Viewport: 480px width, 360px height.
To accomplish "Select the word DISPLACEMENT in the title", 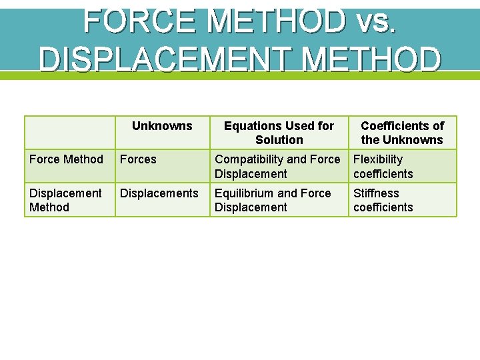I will click(x=166, y=59).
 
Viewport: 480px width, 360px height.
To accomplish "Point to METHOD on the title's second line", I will click(x=371, y=59).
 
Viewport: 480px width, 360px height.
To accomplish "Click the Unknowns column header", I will click(x=162, y=126).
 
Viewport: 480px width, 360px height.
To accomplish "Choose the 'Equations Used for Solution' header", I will click(x=279, y=133).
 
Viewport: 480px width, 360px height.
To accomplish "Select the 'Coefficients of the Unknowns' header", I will click(x=402, y=133).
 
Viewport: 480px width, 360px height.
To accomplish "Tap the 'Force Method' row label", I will click(x=66, y=159).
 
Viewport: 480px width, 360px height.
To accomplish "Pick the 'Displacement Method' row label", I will click(x=65, y=200).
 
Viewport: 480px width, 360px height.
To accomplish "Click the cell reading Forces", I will click(x=138, y=159).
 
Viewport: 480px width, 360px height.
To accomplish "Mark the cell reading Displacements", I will click(x=159, y=193).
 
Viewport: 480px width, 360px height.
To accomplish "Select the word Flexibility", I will click(x=378, y=159).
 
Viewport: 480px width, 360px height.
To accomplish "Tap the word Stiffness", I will click(x=376, y=193).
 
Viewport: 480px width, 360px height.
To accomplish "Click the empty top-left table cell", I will click(x=70, y=133).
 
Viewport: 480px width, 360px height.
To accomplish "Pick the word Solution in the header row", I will click(x=279, y=140).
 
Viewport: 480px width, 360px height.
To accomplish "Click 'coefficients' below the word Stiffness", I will click(x=383, y=207).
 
